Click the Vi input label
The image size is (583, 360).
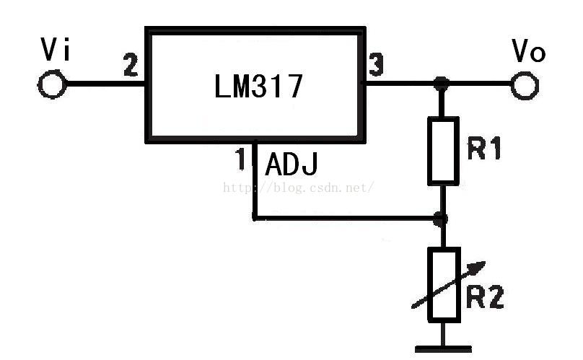tap(56, 49)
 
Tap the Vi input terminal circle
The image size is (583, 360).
tap(53, 84)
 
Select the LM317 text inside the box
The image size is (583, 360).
tap(259, 86)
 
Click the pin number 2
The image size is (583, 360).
tap(131, 65)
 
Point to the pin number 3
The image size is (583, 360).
tap(376, 65)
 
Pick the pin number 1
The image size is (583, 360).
tap(241, 159)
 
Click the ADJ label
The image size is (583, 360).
tap(291, 164)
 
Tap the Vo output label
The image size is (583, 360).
tap(528, 51)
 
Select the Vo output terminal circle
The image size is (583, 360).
tap(525, 86)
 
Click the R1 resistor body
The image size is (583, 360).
tap(443, 151)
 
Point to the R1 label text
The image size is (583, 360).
tap(484, 148)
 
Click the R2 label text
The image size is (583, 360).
tap(485, 297)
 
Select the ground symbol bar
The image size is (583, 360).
tap(443, 349)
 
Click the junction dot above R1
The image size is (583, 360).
tap(442, 83)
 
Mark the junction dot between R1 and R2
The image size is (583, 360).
tap(441, 219)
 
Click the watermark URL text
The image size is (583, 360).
tap(298, 188)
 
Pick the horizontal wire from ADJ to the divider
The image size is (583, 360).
tap(346, 219)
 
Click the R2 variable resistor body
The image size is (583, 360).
tap(444, 284)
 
